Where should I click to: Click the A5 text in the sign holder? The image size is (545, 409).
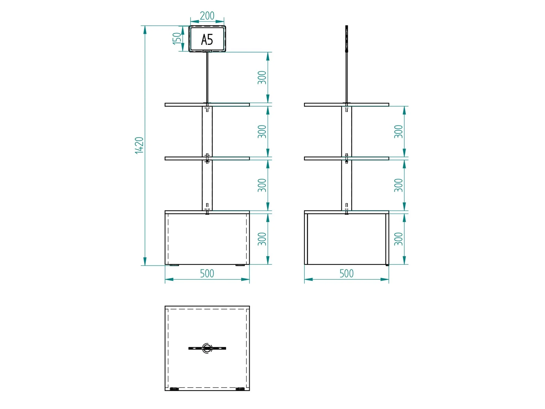click(207, 40)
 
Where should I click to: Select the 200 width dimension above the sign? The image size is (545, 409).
click(207, 16)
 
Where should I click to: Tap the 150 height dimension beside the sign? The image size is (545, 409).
click(177, 38)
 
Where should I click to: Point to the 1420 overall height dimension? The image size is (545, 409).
click(139, 145)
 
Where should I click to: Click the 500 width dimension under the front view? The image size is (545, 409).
click(207, 273)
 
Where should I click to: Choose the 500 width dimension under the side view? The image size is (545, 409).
click(346, 273)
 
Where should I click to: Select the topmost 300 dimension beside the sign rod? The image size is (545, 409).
click(262, 77)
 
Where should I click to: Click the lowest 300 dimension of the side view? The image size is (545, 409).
click(398, 239)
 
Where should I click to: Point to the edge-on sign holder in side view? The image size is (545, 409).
click(347, 38)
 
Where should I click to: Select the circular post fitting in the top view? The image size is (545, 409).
click(207, 348)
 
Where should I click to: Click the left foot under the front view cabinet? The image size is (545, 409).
click(174, 265)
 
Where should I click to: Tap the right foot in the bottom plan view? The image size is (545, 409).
click(240, 389)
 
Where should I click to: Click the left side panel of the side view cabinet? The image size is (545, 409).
click(306, 239)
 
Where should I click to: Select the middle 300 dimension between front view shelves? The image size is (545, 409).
click(262, 131)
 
